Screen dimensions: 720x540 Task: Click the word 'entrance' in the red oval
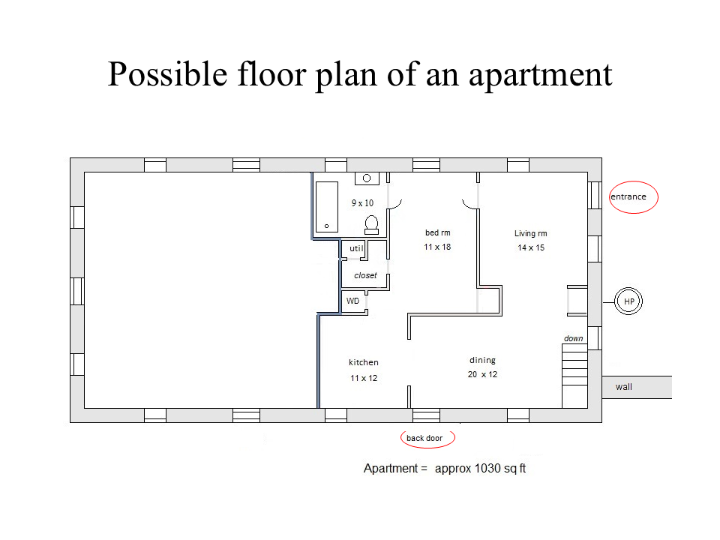[628, 196]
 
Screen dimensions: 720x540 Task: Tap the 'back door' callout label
[424, 438]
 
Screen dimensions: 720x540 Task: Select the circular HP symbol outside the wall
[628, 301]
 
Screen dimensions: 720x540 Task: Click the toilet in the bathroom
[371, 225]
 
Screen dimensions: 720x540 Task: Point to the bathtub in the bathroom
[327, 207]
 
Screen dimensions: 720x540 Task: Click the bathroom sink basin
[367, 178]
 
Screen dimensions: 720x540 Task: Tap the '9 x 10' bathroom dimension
[363, 203]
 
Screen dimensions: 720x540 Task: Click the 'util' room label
[356, 248]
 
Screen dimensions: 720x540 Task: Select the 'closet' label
[365, 275]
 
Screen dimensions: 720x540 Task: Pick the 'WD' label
[352, 301]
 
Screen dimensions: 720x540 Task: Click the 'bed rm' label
[437, 232]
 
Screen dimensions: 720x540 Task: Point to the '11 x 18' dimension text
[437, 247]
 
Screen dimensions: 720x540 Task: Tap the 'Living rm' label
[531, 233]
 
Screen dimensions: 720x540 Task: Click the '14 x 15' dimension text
[531, 247]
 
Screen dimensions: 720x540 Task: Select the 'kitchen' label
[364, 362]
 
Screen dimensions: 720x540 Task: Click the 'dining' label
[482, 361]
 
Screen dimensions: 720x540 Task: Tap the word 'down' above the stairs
[574, 338]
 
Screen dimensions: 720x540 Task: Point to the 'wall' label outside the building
[623, 387]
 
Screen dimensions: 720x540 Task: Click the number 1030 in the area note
[487, 468]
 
